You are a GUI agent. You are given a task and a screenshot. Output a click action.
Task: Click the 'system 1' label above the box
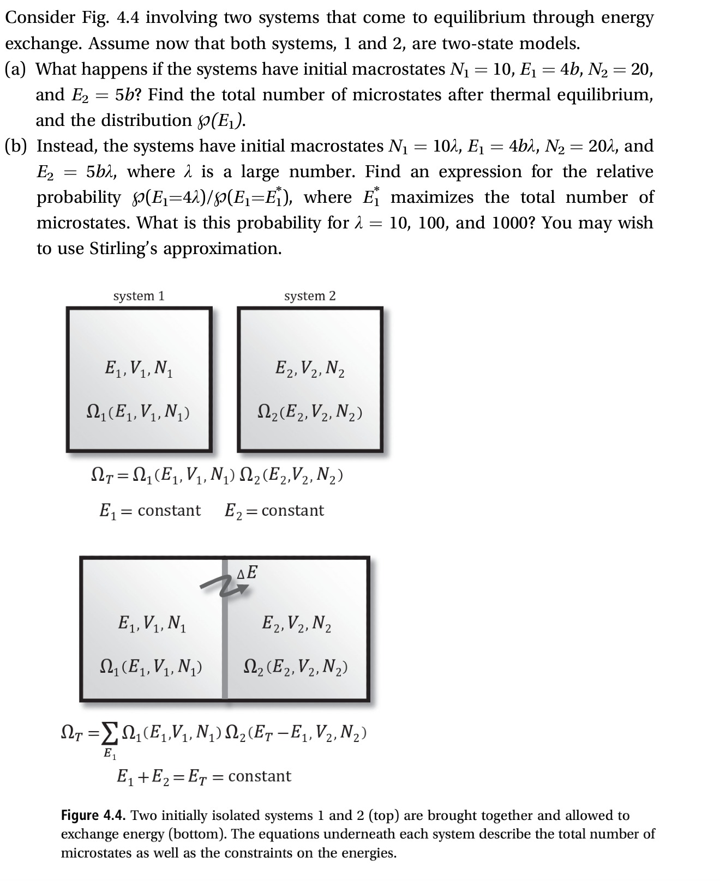139,296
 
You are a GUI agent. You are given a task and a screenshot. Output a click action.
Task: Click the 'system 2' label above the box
310,296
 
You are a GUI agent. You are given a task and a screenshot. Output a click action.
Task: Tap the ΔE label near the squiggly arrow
248,573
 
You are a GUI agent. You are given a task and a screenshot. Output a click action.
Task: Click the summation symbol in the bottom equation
111,734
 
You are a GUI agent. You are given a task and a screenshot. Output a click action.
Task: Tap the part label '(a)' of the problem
17,69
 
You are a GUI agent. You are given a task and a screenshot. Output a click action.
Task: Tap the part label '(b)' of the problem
17,146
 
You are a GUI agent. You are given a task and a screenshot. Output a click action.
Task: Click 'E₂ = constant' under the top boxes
274,511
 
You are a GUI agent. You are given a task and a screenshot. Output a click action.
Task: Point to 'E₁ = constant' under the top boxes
150,511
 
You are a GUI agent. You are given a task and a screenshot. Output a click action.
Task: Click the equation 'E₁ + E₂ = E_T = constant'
204,776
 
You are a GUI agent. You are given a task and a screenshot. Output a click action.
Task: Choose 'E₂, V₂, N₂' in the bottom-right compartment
297,623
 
